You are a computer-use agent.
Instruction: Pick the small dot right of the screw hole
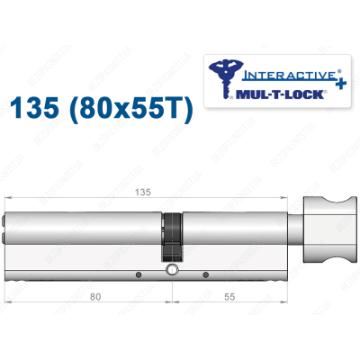205,273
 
